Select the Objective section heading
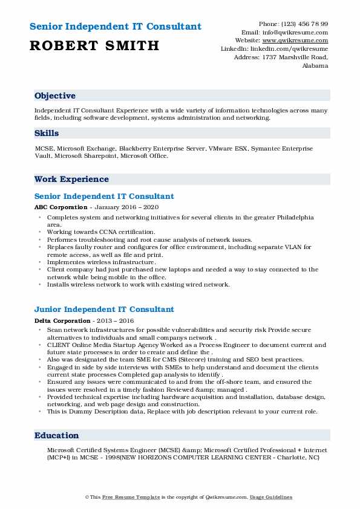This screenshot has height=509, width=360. [55, 96]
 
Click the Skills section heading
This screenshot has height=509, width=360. [47, 132]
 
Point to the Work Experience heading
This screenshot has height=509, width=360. [71, 179]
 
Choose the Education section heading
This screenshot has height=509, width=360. [57, 435]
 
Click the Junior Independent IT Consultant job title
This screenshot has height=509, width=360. [104, 310]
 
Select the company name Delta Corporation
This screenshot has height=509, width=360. [61, 320]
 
